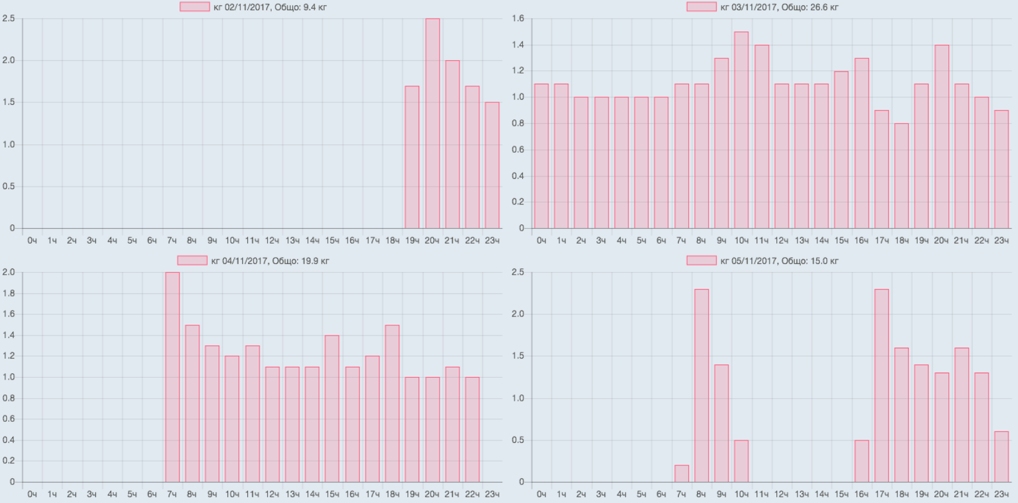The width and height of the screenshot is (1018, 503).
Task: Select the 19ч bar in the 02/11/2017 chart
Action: pyautogui.click(x=412, y=158)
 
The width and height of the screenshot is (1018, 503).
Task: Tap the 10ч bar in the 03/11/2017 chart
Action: pyautogui.click(x=741, y=130)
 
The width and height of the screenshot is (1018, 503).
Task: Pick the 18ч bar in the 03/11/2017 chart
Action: pyautogui.click(x=901, y=176)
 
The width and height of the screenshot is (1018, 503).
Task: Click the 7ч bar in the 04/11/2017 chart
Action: pyautogui.click(x=173, y=377)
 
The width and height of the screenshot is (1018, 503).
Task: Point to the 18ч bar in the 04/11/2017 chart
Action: pyautogui.click(x=392, y=404)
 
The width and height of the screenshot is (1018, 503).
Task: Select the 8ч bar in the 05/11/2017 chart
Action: pyautogui.click(x=702, y=386)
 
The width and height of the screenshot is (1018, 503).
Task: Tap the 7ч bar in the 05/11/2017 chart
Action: pyautogui.click(x=682, y=474)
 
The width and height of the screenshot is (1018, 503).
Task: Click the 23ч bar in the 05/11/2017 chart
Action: pyautogui.click(x=1001, y=457)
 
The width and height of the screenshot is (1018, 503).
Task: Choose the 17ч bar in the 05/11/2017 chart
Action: pyautogui.click(x=882, y=386)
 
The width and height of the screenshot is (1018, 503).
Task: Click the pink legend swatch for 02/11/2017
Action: pyautogui.click(x=194, y=7)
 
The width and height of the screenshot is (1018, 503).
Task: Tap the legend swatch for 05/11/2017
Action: pyautogui.click(x=701, y=261)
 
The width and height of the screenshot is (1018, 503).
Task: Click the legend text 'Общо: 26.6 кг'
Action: pyautogui.click(x=810, y=7)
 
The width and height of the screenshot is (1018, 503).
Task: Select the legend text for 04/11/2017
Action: pyautogui.click(x=270, y=261)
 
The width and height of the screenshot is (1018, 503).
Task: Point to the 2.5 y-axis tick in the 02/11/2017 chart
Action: pyautogui.click(x=8, y=19)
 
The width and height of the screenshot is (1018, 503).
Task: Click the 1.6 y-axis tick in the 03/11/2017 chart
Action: pyautogui.click(x=518, y=19)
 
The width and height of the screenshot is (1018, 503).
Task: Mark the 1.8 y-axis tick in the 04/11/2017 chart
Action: pyautogui.click(x=8, y=293)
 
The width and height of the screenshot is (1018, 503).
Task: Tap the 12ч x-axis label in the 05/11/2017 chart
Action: pyautogui.click(x=781, y=494)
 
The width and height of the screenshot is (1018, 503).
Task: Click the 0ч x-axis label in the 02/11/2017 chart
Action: pyautogui.click(x=32, y=240)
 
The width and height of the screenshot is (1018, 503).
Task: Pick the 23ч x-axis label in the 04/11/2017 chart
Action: pyautogui.click(x=492, y=494)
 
